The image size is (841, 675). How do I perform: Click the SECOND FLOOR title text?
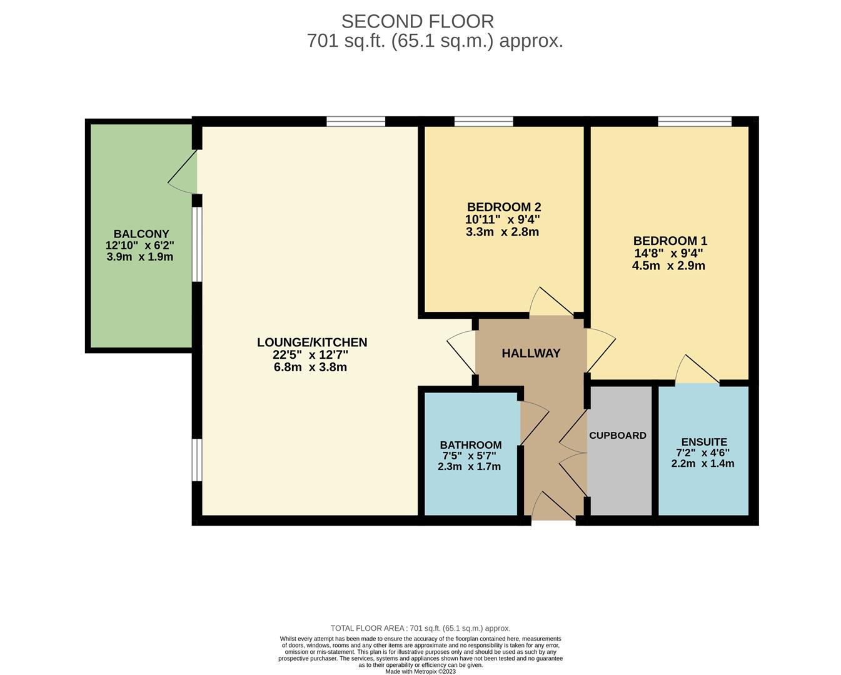coord(417,21)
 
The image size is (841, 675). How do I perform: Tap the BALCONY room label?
coord(141,234)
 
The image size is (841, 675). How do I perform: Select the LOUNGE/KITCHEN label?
coord(311,342)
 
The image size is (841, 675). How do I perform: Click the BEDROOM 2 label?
coord(503,207)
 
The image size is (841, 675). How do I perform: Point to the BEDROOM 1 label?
coord(670,241)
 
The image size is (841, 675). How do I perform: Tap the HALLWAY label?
coord(531,353)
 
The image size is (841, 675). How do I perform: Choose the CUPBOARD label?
coord(618,436)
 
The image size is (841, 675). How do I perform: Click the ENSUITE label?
coord(704,442)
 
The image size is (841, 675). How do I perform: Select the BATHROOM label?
coord(470,445)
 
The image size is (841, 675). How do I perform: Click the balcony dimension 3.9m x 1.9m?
coord(140,257)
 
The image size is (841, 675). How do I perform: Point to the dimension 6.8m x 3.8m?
coord(310,367)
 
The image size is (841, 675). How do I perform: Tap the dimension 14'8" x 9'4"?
coord(668,253)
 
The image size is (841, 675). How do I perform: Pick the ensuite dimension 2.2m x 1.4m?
coord(702,464)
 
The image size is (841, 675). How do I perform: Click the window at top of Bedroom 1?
coord(694,121)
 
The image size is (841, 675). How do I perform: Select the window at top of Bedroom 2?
coord(483,121)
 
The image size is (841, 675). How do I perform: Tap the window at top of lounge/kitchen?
coord(356,121)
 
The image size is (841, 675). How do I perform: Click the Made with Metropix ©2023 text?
coord(420,672)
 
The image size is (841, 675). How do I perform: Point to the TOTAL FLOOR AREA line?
coord(420,628)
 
